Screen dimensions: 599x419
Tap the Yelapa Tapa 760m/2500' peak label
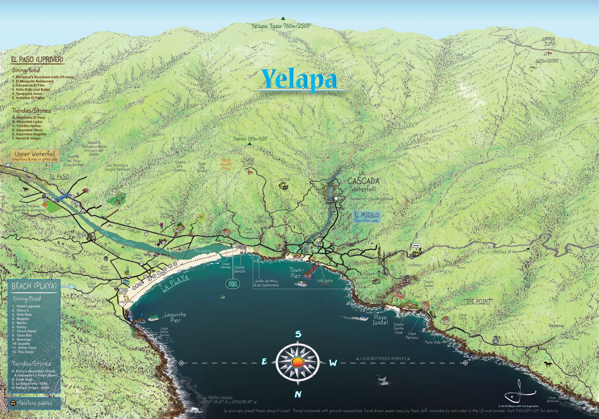tap(281, 26)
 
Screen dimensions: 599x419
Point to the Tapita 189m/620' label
tap(250, 139)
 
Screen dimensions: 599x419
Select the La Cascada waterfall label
tap(363, 181)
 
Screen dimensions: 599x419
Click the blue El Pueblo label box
tap(366, 216)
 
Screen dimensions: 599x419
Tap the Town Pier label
tap(295, 273)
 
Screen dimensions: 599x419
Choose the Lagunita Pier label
tap(175, 317)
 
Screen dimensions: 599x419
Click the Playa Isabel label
tap(380, 320)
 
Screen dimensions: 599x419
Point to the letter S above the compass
tap(298, 334)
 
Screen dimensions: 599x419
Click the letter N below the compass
tap(298, 394)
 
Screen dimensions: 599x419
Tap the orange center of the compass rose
tap(298, 362)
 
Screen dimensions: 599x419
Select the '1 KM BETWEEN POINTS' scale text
tap(383, 359)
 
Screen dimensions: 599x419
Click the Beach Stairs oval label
tap(232, 283)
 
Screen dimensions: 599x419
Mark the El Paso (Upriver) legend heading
tap(37, 59)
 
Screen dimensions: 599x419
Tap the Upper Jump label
tap(549, 42)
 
